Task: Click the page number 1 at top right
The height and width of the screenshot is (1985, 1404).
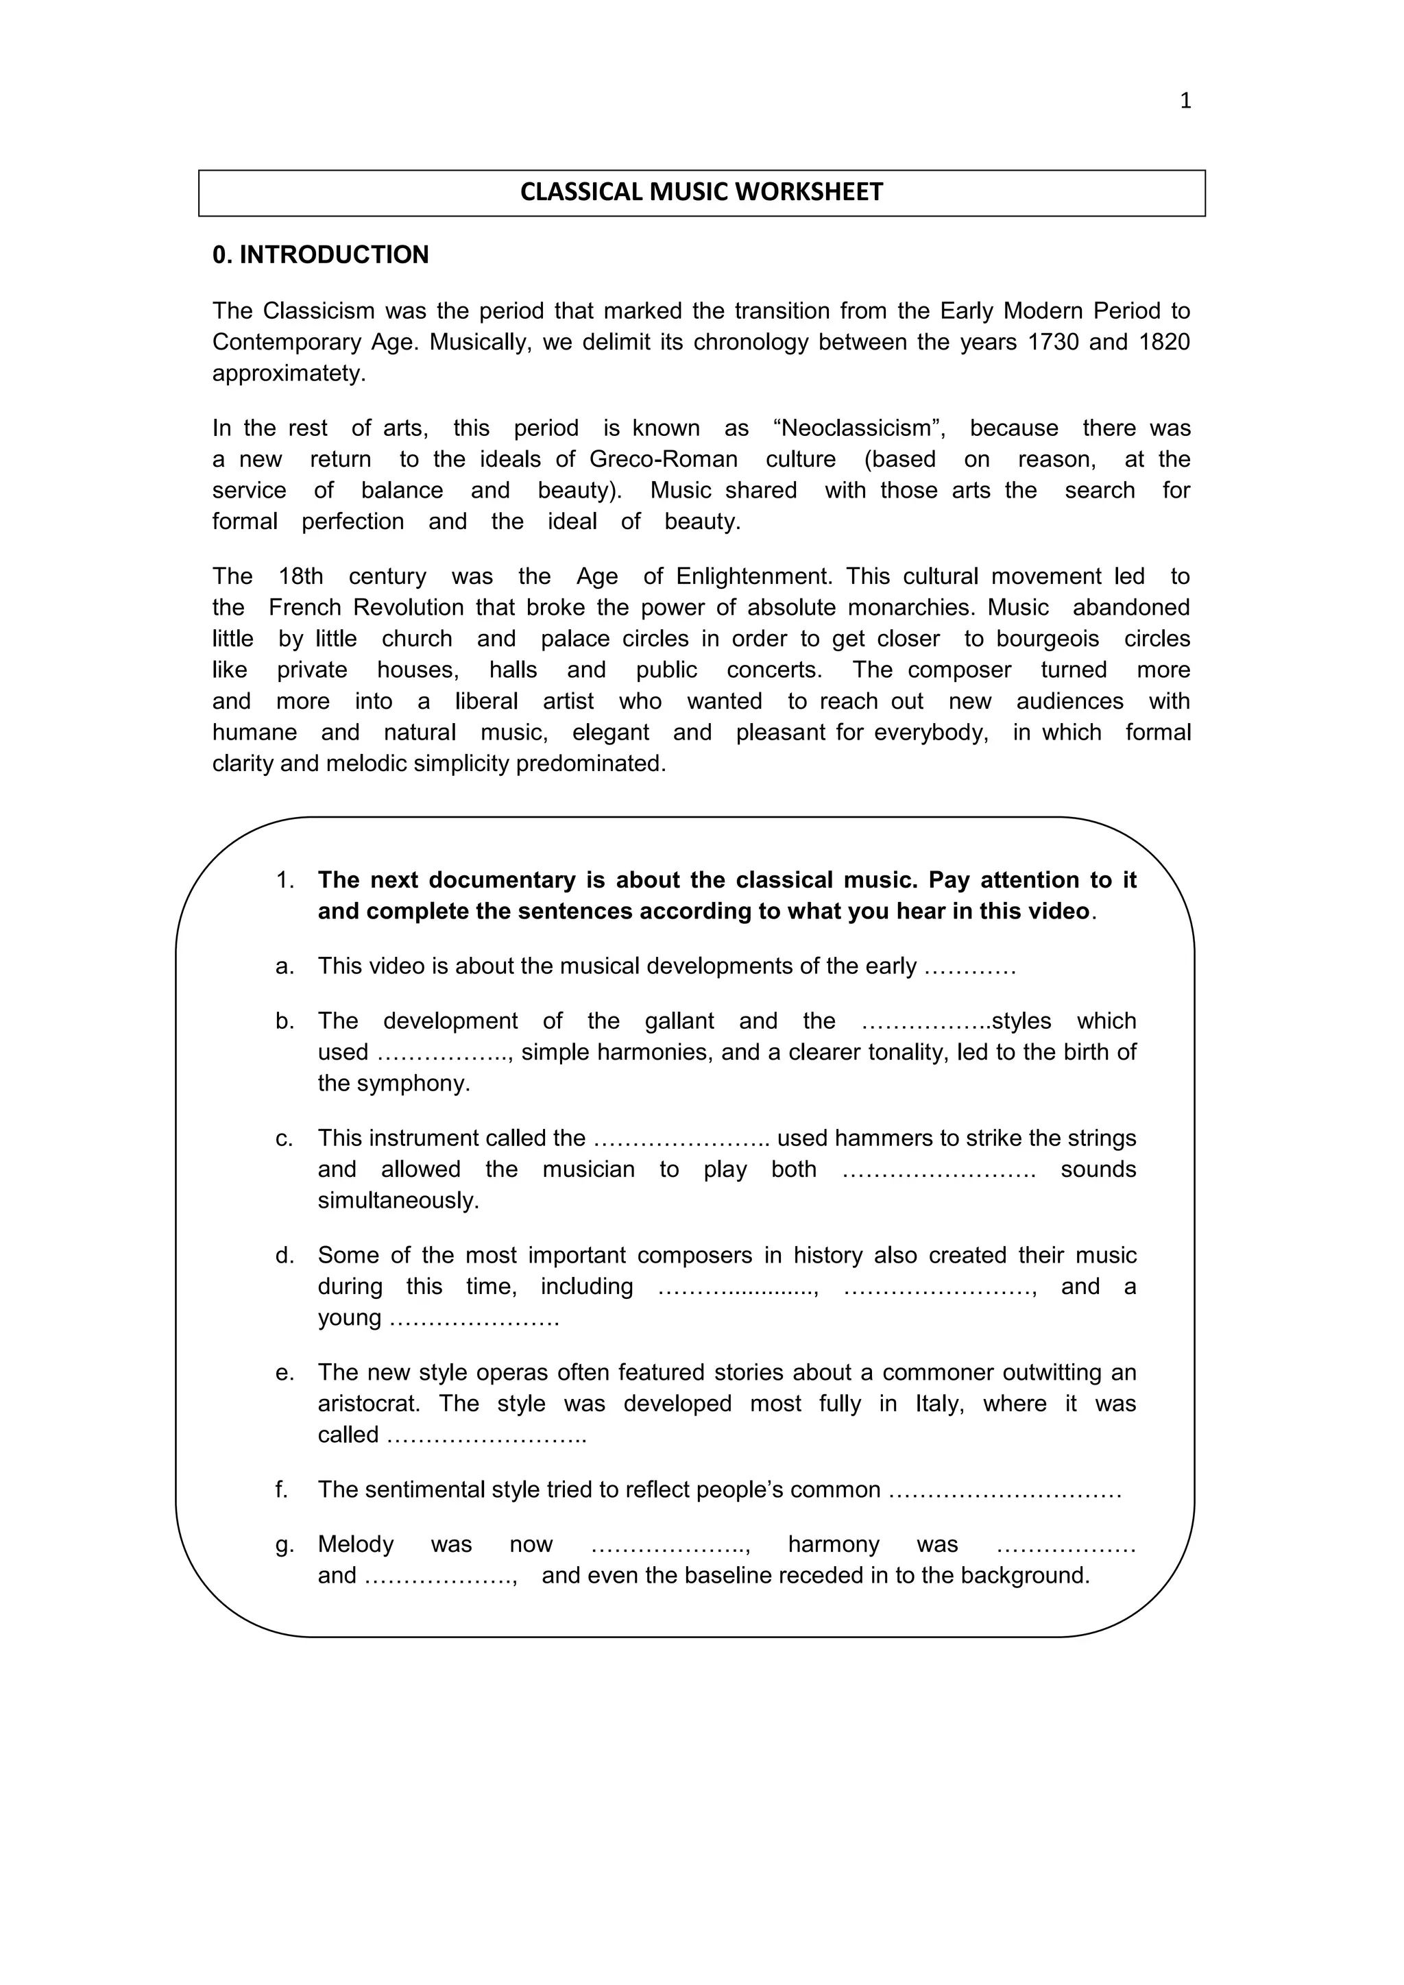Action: [1185, 101]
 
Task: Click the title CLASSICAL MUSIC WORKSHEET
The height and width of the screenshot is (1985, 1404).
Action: [701, 192]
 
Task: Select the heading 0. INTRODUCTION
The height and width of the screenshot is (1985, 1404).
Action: [321, 255]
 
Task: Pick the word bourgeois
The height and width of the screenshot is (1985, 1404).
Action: [1047, 639]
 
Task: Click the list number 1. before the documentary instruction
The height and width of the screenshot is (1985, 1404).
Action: [285, 881]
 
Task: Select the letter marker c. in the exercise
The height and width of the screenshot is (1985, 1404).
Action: [285, 1138]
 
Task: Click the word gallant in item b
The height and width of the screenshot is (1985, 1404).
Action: [679, 1021]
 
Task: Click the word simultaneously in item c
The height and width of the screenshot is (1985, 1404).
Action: [398, 1201]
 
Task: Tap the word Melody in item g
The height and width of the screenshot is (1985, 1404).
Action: [355, 1544]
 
